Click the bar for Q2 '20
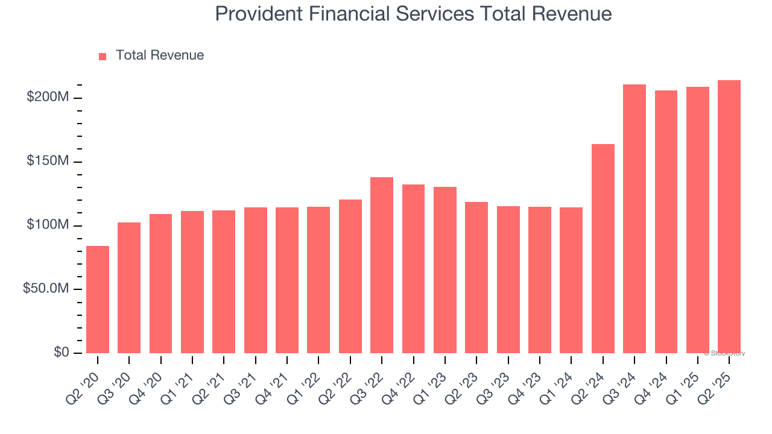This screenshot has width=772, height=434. click(x=98, y=300)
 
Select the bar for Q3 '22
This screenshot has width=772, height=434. click(x=382, y=265)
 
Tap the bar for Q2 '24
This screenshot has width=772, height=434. click(x=603, y=248)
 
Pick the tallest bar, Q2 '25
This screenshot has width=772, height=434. click(x=729, y=217)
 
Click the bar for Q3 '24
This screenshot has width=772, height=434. click(x=634, y=219)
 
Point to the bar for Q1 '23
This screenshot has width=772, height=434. click(x=445, y=270)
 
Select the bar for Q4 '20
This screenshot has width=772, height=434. click(x=160, y=283)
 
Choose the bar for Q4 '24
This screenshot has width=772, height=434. click(x=666, y=222)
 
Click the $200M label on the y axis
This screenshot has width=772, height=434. click(x=48, y=98)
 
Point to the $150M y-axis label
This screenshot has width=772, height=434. click(x=48, y=162)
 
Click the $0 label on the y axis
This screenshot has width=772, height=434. click(x=62, y=353)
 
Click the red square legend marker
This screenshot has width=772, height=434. click(x=103, y=57)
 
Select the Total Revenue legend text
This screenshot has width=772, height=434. click(x=160, y=55)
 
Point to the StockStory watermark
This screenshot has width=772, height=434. click(x=724, y=354)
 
